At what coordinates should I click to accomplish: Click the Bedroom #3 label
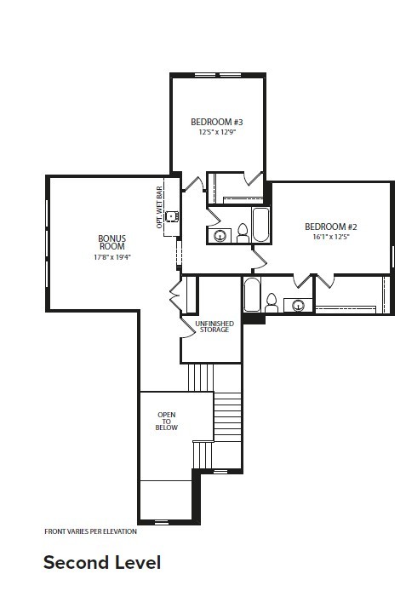pyautogui.click(x=216, y=122)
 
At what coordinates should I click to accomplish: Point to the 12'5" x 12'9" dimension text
pyautogui.click(x=217, y=132)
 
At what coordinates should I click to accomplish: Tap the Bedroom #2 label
pyautogui.click(x=331, y=227)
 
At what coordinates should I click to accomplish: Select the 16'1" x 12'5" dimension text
pyautogui.click(x=331, y=237)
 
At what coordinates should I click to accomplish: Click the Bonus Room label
pyautogui.click(x=112, y=243)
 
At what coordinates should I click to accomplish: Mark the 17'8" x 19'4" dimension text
pyautogui.click(x=112, y=257)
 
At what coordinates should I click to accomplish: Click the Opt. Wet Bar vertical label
pyautogui.click(x=159, y=208)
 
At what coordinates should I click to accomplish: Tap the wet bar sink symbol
pyautogui.click(x=171, y=216)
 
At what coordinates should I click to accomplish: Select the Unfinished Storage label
pyautogui.click(x=214, y=326)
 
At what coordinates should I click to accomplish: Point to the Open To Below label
pyautogui.click(x=166, y=421)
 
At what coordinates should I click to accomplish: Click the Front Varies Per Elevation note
pyautogui.click(x=90, y=531)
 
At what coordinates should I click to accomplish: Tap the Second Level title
pyautogui.click(x=102, y=562)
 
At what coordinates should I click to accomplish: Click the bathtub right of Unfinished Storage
pyautogui.click(x=252, y=295)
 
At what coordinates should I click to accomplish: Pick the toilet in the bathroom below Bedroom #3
pyautogui.click(x=243, y=233)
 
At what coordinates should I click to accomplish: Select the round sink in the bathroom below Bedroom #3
pyautogui.click(x=220, y=236)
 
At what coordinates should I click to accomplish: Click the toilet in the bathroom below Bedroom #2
pyautogui.click(x=272, y=303)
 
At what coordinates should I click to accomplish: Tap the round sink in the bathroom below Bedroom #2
pyautogui.click(x=299, y=305)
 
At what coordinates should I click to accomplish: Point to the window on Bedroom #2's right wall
pyautogui.click(x=392, y=256)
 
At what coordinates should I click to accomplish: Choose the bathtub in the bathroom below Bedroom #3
pyautogui.click(x=260, y=225)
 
